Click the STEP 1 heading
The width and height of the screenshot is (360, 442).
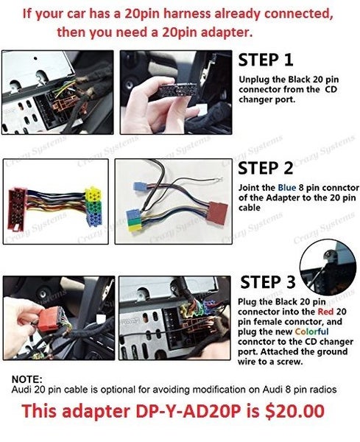(x=266, y=60)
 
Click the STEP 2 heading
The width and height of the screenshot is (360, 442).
(x=265, y=168)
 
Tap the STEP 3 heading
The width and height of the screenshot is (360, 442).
(x=268, y=282)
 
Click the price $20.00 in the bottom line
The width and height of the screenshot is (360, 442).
(x=294, y=411)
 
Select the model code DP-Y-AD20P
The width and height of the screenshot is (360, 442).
(x=188, y=411)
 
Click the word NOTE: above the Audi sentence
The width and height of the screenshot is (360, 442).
(x=27, y=379)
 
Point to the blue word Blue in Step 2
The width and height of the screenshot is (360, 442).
(x=287, y=188)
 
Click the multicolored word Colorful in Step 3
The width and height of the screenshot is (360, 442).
(x=311, y=331)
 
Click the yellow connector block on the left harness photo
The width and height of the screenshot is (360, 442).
(x=93, y=193)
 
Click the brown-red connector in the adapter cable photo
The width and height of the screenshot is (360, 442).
(x=218, y=214)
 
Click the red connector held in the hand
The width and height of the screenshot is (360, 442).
(x=49, y=319)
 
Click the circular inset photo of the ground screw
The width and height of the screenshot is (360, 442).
(x=328, y=268)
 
